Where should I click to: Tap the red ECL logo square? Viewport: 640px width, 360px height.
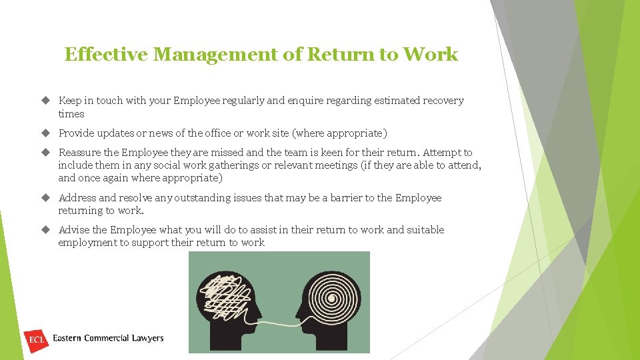pos(36,339)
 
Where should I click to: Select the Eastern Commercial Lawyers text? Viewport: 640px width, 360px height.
pos(108,339)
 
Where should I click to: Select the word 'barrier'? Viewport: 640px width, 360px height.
pos(363,198)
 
